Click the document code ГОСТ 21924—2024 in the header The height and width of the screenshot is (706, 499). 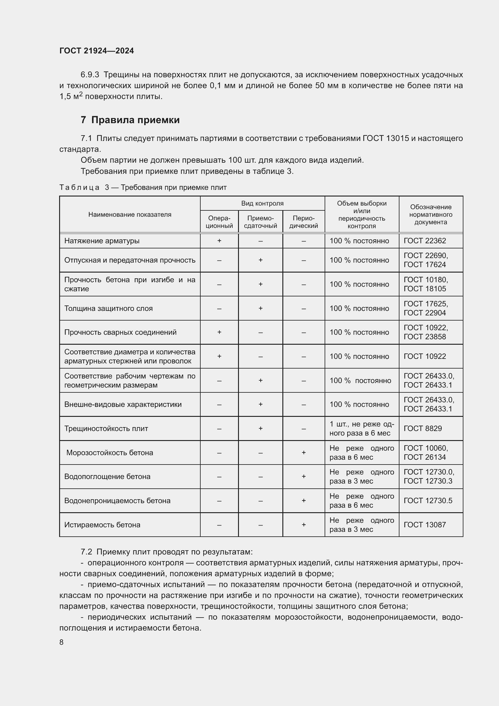97,51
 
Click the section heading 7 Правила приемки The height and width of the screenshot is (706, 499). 130,120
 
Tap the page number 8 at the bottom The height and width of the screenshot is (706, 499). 62,642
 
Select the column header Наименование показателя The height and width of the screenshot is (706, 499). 130,214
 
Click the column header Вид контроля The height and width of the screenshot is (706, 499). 262,203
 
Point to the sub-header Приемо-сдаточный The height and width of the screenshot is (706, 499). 260,222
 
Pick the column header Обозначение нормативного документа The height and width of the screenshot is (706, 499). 431,214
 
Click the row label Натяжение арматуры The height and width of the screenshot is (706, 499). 102,241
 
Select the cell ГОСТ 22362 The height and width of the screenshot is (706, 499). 425,241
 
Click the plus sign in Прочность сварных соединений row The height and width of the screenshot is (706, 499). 219,332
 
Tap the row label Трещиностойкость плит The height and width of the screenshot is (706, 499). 106,428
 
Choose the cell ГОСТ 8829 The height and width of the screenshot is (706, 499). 422,428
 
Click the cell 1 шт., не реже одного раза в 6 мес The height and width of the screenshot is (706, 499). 361,428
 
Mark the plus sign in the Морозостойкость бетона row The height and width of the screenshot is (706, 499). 303,452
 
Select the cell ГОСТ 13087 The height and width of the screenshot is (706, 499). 425,525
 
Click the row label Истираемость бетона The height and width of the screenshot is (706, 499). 102,525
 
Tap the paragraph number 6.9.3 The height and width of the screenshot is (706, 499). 90,75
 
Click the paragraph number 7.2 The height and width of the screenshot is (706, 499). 86,552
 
